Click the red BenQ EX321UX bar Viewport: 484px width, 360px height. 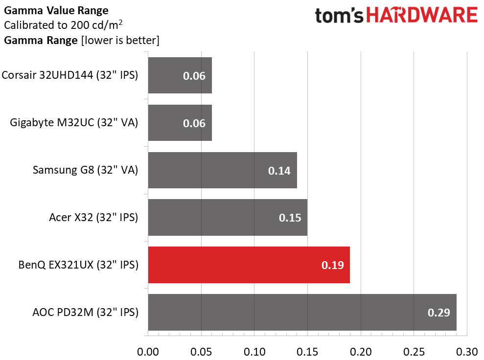(249, 265)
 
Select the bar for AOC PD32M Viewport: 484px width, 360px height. (302, 312)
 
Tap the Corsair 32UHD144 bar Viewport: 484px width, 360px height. (180, 75)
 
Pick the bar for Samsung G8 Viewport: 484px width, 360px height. (223, 170)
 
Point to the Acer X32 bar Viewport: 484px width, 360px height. (228, 218)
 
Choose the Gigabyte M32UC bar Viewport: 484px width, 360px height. (180, 123)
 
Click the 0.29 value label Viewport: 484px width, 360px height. (438, 313)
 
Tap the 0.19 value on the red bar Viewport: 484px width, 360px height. (332, 265)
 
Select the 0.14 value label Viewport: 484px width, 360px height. (279, 171)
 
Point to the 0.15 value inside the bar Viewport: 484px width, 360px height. (290, 218)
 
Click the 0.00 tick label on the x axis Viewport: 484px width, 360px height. (148, 352)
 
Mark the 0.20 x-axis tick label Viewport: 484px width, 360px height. (361, 352)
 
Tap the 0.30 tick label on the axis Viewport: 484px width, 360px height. (467, 352)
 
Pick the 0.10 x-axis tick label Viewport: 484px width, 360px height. (254, 352)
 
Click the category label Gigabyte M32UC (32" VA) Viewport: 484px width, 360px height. (74, 122)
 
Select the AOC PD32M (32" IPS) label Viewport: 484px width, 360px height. (85, 312)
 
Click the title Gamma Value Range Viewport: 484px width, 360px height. (56, 10)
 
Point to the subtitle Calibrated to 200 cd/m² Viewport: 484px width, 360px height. (63, 24)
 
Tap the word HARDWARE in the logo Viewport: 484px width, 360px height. (422, 15)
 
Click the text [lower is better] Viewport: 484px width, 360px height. (120, 41)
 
